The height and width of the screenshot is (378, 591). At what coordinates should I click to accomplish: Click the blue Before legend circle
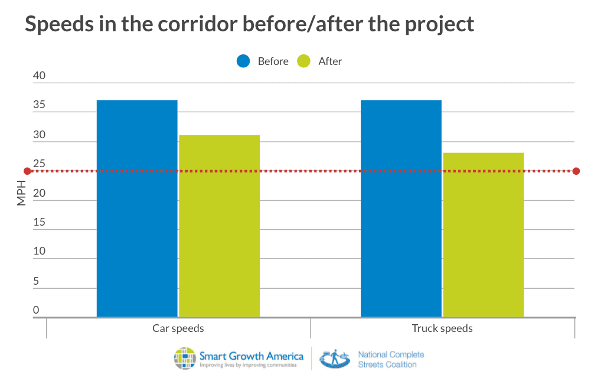tap(244, 61)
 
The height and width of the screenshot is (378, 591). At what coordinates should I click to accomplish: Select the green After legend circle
tap(303, 61)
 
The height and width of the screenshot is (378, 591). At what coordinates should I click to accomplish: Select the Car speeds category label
tap(178, 328)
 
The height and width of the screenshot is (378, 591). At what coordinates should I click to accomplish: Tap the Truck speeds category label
tap(442, 328)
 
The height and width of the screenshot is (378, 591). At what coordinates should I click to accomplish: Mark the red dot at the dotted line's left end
tap(27, 171)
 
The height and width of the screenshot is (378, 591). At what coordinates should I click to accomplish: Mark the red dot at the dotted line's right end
tap(576, 171)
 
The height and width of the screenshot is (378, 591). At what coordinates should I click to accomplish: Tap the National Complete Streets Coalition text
tap(391, 359)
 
